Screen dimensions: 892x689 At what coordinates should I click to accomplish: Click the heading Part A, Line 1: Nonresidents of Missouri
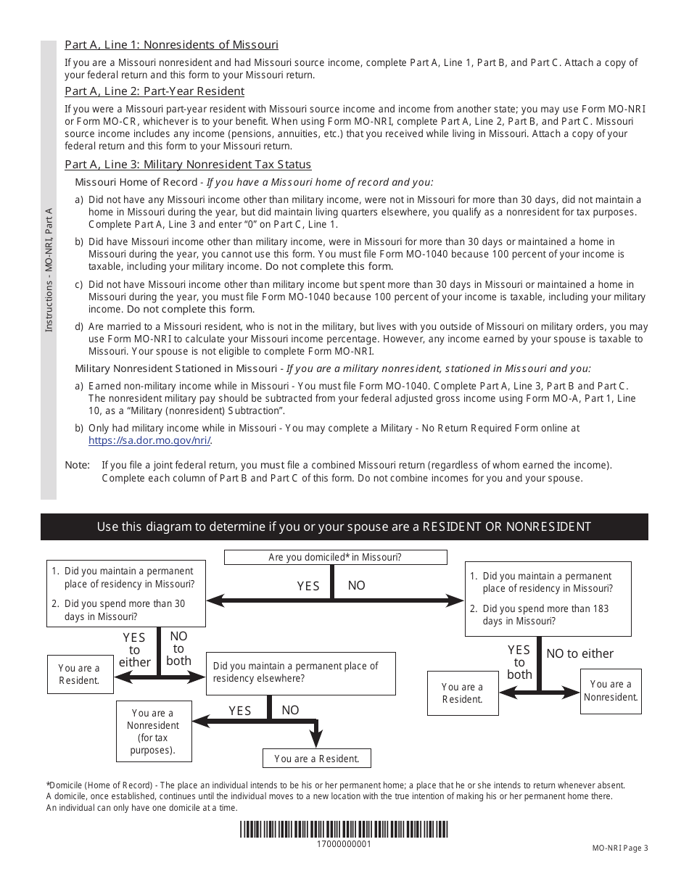coord(171,45)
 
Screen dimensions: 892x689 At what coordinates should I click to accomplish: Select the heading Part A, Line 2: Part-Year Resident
coord(154,91)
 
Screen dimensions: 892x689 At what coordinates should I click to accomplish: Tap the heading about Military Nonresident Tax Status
coord(188,165)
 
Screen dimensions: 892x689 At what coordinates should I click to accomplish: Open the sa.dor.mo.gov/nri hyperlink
coord(150,440)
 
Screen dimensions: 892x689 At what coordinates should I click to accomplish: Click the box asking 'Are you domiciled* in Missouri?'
coord(335,557)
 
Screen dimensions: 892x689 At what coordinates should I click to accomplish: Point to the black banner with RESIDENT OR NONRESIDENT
coord(344,526)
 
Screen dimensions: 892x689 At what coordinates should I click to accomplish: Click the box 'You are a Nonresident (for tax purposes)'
coord(152,732)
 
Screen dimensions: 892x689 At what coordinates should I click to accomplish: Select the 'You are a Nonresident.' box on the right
coord(611,690)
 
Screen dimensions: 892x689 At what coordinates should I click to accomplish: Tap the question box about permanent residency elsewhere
coord(301,672)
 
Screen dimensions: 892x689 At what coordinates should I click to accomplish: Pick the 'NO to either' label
coord(579,653)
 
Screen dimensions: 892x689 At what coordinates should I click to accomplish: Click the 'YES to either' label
coord(134,650)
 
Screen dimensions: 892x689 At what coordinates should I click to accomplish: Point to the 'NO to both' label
coord(178,648)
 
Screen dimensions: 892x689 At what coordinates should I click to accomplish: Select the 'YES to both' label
coord(519,662)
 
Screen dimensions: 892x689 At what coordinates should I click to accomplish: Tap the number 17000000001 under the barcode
coord(344,844)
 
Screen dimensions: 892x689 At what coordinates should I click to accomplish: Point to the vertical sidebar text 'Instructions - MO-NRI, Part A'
coord(49,270)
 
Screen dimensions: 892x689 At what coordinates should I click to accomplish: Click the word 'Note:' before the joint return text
coord(78,465)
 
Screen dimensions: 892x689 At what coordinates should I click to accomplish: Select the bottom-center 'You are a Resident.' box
coord(317,759)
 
